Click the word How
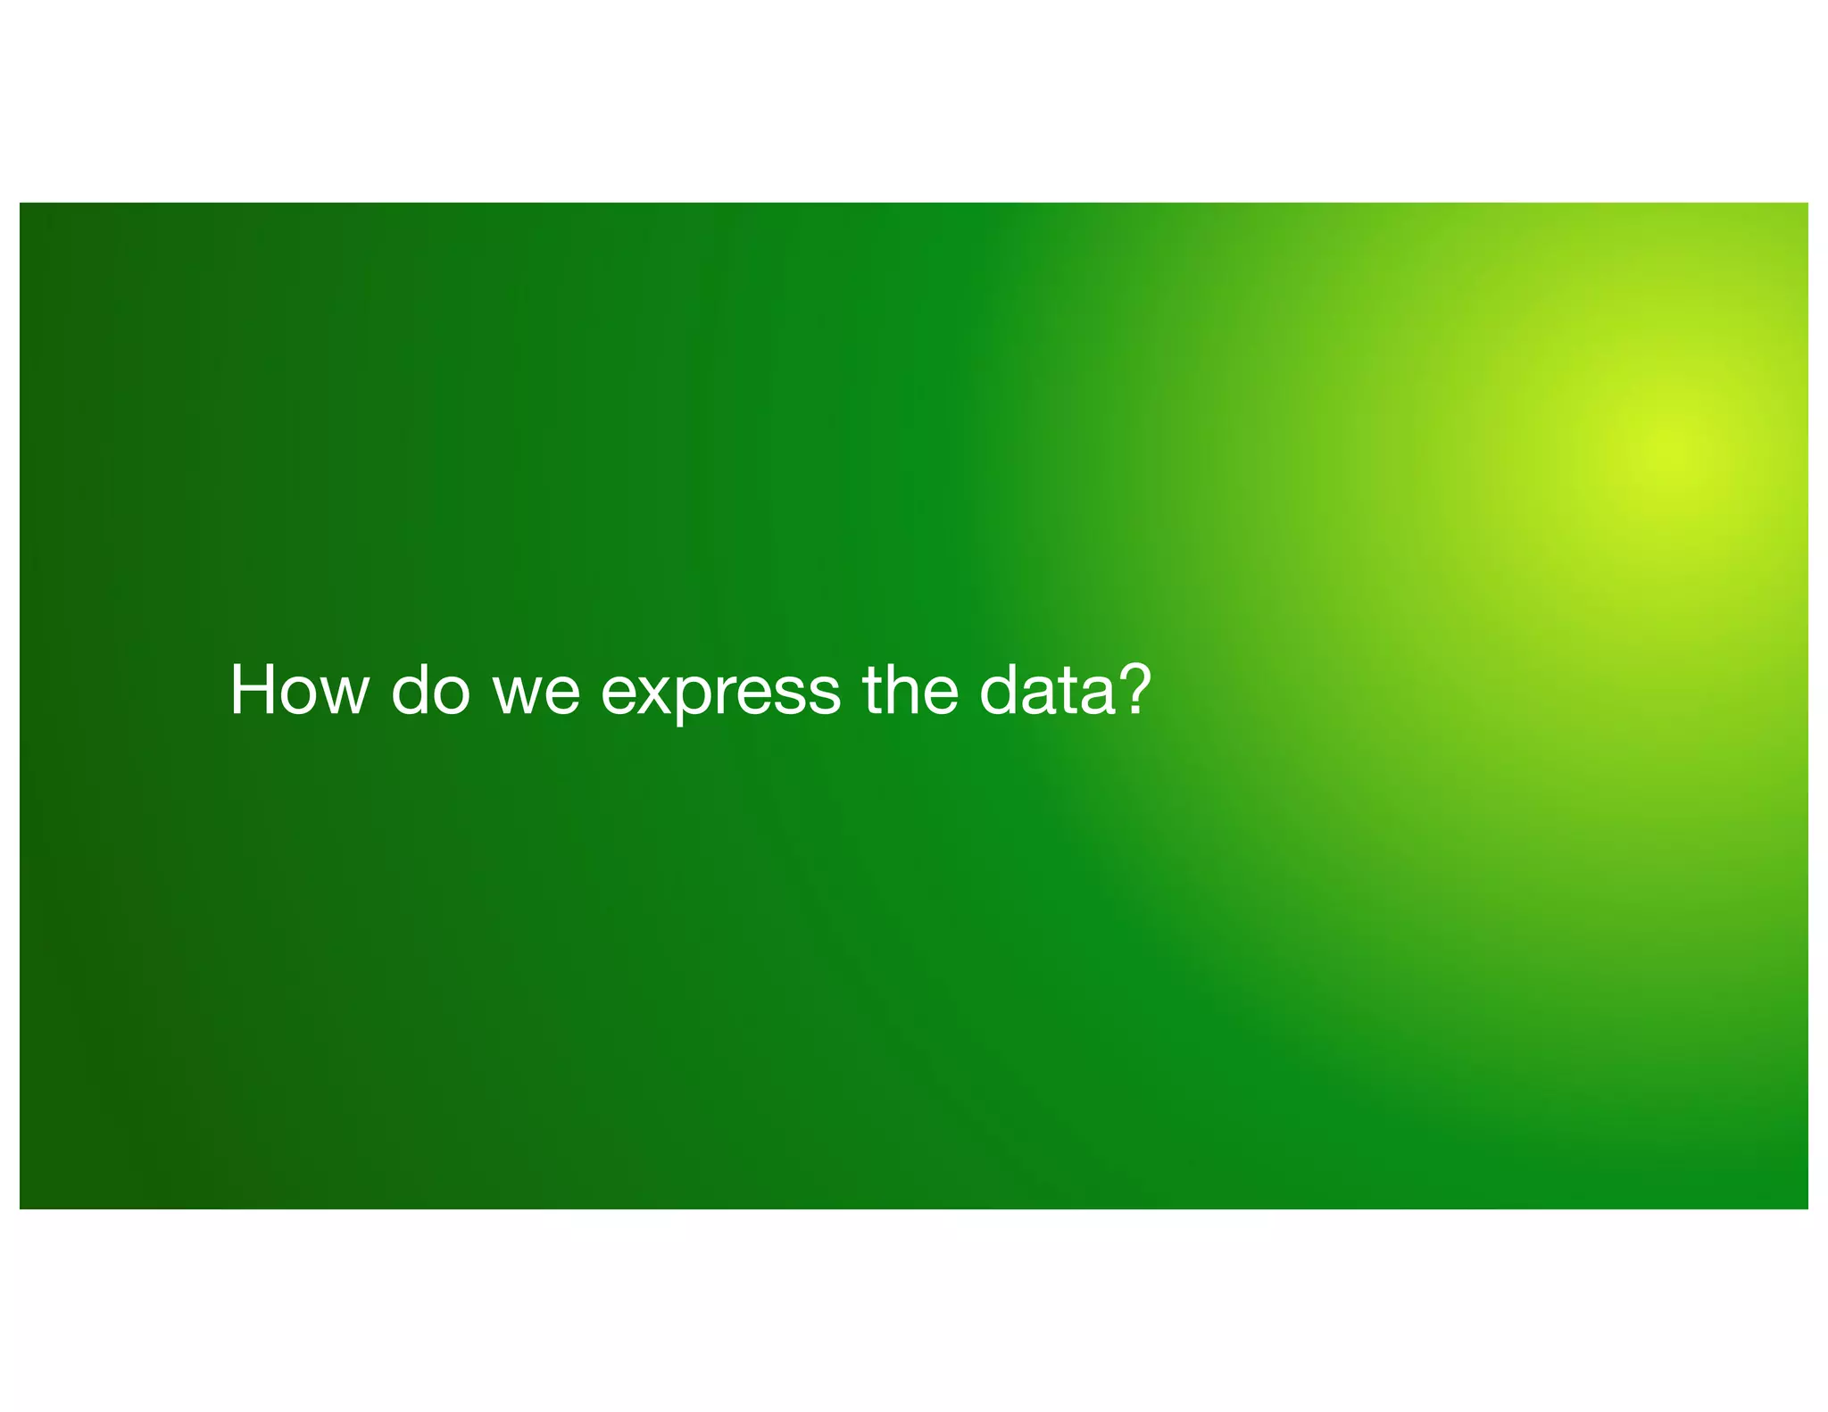(299, 690)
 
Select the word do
(430, 690)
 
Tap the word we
(536, 692)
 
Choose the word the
(910, 690)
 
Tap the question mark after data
(1134, 688)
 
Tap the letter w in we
(515, 694)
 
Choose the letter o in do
(450, 694)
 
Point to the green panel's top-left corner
(21, 203)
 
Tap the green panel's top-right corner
(1807, 203)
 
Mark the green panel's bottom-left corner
(21, 1208)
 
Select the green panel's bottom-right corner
(1807, 1208)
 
